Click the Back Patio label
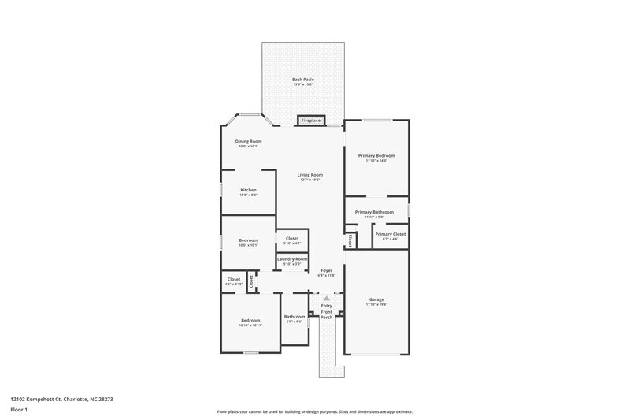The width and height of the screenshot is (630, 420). (x=303, y=79)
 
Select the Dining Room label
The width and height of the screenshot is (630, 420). (x=248, y=141)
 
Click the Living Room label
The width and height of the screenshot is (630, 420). (x=310, y=175)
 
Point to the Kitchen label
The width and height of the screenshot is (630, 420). (x=248, y=190)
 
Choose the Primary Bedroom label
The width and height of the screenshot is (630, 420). (x=376, y=155)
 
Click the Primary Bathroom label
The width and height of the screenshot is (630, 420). (x=374, y=211)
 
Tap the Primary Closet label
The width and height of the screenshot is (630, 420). (x=390, y=234)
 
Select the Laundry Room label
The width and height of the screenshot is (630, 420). (x=291, y=259)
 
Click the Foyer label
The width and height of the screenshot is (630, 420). (x=326, y=270)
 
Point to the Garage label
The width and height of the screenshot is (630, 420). (x=376, y=299)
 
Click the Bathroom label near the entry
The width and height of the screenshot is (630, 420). (x=295, y=317)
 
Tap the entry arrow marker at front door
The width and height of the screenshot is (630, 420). (x=326, y=298)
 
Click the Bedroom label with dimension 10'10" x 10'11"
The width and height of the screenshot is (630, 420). (x=250, y=320)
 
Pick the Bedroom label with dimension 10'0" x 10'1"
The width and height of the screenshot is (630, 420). (x=248, y=240)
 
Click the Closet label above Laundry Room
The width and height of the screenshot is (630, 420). (x=291, y=237)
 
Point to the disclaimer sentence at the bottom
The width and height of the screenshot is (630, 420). (x=314, y=411)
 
